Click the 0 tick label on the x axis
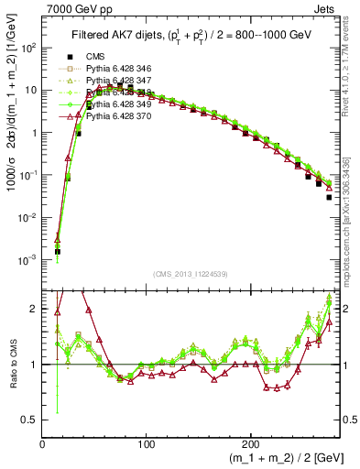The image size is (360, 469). pyautogui.click(x=43, y=443)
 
